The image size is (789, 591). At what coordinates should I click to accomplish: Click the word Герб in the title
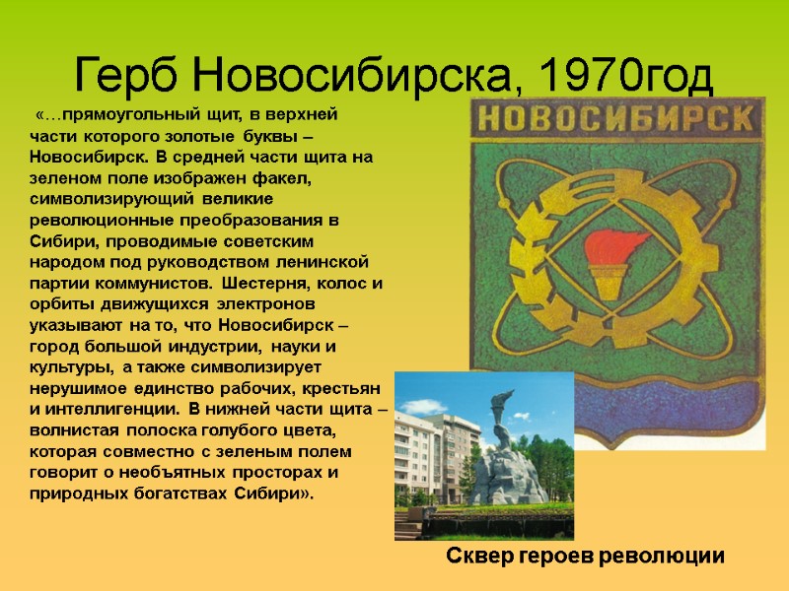(x=124, y=72)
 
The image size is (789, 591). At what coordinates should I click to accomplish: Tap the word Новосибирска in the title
(x=348, y=72)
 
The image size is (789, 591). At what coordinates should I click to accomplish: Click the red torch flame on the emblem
(x=612, y=246)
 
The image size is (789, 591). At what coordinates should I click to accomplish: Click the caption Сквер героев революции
(x=586, y=556)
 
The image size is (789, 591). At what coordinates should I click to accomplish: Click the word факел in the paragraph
(x=281, y=177)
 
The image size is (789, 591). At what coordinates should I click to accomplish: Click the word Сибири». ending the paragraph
(x=278, y=492)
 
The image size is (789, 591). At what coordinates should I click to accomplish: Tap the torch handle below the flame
(x=603, y=286)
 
